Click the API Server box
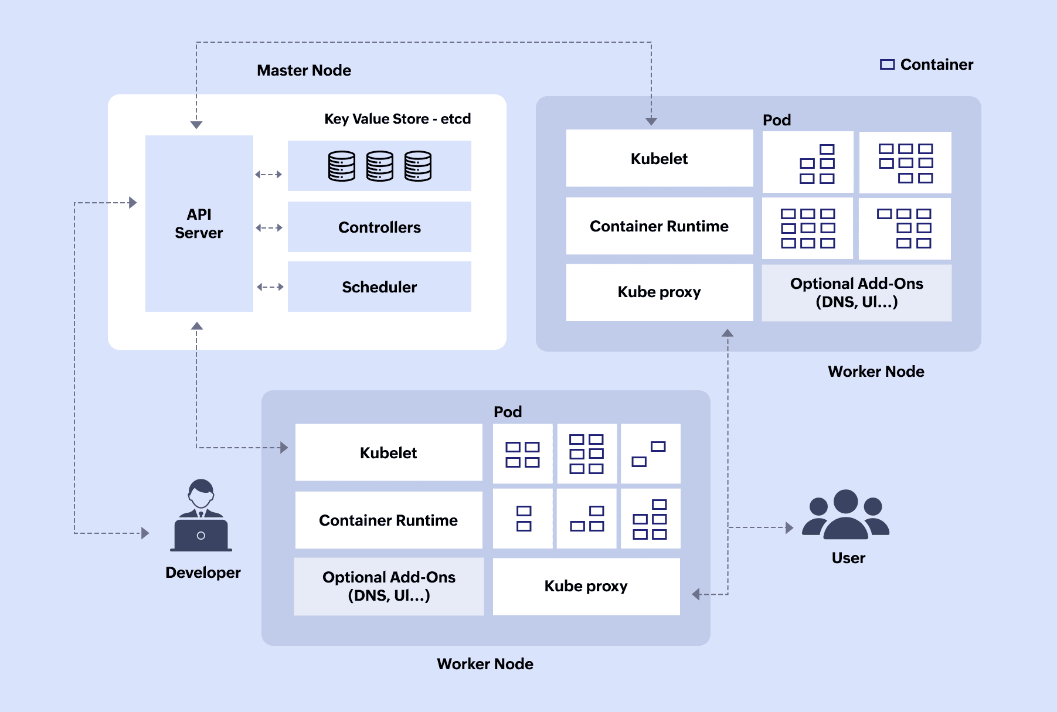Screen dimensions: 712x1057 tap(199, 223)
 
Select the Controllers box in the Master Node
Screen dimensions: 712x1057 tap(379, 227)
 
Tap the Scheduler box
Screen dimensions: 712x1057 tap(379, 287)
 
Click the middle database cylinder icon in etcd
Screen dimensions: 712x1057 tap(380, 166)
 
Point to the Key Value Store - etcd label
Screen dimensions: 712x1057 tap(397, 119)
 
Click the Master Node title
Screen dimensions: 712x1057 tap(304, 70)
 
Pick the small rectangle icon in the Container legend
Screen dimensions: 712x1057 tap(887, 64)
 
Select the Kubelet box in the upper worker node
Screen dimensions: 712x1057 tap(659, 159)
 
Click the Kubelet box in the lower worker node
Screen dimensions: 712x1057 tap(388, 453)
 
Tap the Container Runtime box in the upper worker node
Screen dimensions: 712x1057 tap(659, 226)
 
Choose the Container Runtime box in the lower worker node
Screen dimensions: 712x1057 tap(388, 520)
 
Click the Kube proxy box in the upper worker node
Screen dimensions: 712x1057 tap(659, 292)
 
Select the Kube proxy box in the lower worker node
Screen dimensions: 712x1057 tap(586, 586)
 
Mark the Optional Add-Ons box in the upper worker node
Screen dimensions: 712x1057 tap(857, 292)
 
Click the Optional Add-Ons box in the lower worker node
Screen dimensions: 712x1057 tap(389, 586)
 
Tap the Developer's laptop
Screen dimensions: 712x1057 tap(201, 535)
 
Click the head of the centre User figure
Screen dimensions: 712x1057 tap(845, 502)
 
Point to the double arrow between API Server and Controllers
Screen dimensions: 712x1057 tap(270, 227)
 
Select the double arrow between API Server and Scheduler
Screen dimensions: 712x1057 tap(270, 287)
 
